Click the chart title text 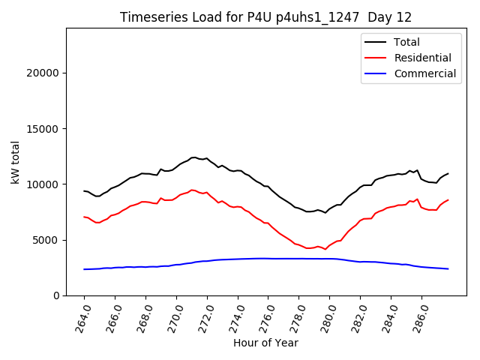265,17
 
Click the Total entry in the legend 406,42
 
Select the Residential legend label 422,58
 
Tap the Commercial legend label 424,73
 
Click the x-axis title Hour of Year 265,343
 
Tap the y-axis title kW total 15,162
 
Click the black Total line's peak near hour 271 193,157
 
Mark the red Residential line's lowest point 325,249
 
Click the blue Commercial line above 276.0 268,258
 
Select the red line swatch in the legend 376,58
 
